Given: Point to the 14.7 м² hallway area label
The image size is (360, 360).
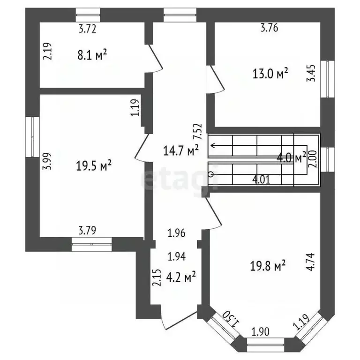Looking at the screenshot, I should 180,150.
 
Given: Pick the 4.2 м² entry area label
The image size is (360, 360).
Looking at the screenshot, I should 180,277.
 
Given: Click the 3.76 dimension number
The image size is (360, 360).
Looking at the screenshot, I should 270,28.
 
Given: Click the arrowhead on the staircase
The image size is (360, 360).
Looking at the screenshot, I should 212,145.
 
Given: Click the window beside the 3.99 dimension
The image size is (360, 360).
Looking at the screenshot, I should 33,136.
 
